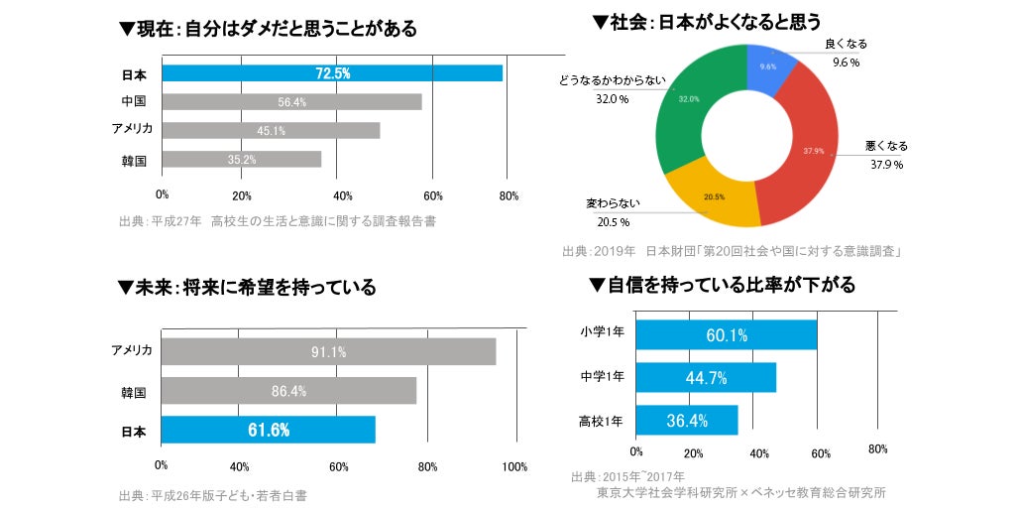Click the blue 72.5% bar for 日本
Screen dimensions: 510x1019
click(x=332, y=73)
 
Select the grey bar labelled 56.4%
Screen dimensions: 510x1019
click(x=291, y=102)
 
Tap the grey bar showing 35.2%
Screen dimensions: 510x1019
click(x=241, y=159)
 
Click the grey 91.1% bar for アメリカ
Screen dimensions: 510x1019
click(x=328, y=352)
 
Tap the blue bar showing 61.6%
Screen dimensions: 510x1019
click(x=268, y=430)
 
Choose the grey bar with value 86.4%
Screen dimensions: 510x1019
click(x=288, y=391)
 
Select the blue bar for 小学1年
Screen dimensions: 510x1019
click(x=726, y=335)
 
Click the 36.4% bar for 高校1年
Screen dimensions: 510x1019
click(x=686, y=421)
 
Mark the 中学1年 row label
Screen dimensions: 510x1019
click(x=602, y=377)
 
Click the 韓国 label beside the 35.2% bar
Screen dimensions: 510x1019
click(x=134, y=160)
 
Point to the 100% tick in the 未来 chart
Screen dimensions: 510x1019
click(x=514, y=466)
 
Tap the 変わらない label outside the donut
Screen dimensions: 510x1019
click(x=613, y=203)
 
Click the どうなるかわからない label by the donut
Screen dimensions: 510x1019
click(x=613, y=81)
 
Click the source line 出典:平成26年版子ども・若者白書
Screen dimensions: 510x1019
click(x=212, y=495)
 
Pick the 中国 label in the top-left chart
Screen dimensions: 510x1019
click(x=134, y=102)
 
